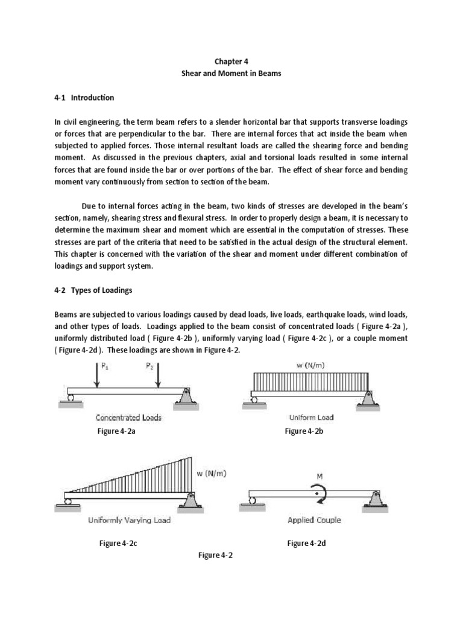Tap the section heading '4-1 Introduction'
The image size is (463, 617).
click(84, 98)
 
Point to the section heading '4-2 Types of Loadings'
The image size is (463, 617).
click(93, 290)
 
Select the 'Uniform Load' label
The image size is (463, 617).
click(311, 417)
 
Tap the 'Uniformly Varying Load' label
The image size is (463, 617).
click(130, 520)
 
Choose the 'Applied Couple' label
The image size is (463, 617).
click(314, 520)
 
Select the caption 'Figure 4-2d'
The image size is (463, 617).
click(307, 543)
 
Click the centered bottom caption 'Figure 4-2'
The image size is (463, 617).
click(215, 556)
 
